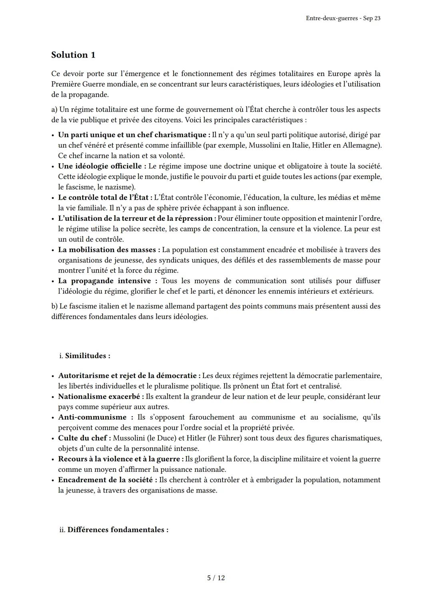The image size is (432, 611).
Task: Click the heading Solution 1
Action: pos(73,55)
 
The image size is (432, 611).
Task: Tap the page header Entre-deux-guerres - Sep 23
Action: pos(343,18)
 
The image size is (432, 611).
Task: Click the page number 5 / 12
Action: pos(216,578)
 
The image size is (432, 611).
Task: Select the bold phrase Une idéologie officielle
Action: pos(100,166)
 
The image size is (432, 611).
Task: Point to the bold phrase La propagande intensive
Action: pos(104,281)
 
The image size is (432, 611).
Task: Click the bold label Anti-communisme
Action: pos(92,417)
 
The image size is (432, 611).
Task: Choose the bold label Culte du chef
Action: pos(82,438)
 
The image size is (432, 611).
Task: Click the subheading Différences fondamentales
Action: pos(118,530)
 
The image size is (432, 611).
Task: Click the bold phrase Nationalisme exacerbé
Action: pos(99,397)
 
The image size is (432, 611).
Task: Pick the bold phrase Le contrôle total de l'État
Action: pos(103,197)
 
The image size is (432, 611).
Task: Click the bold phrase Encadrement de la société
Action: pos(106,480)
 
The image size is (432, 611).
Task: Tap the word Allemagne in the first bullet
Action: pos(362,145)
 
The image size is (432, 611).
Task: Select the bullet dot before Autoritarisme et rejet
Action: pos(53,376)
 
